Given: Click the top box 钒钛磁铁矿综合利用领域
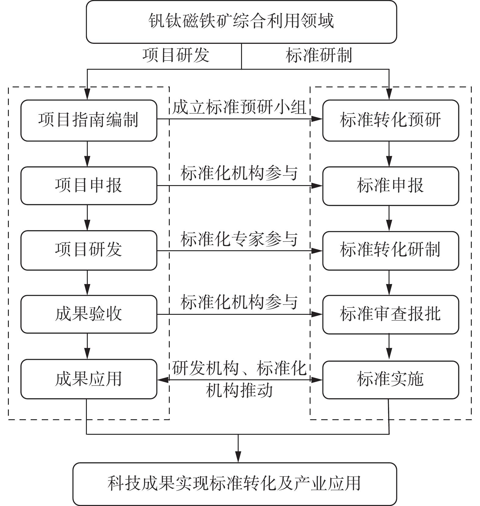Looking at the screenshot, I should pyautogui.click(x=241, y=22).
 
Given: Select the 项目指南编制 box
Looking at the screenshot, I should pyautogui.click(x=89, y=120).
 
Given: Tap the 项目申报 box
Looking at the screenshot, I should pyautogui.click(x=89, y=186).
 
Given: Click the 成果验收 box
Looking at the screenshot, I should pyautogui.click(x=89, y=314).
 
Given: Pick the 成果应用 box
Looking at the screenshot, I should pyautogui.click(x=89, y=379).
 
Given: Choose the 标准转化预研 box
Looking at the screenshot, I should pyautogui.click(x=390, y=120).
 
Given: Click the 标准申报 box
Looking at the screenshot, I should pyautogui.click(x=390, y=186).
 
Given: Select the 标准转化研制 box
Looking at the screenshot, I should pyautogui.click(x=390, y=250).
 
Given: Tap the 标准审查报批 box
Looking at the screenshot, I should pyautogui.click(x=390, y=314).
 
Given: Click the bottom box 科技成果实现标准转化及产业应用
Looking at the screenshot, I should pyautogui.click(x=235, y=484).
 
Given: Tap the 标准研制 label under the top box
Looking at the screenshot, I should pyautogui.click(x=319, y=55).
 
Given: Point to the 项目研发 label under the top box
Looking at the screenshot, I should pyautogui.click(x=176, y=55).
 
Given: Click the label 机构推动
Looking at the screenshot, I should pyautogui.click(x=239, y=391).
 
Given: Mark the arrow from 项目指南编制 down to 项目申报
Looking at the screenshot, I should pyautogui.click(x=87, y=154).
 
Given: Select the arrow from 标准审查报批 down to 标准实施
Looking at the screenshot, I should pyautogui.click(x=389, y=347).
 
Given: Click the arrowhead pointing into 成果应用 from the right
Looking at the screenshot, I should pyautogui.click(x=163, y=380).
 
